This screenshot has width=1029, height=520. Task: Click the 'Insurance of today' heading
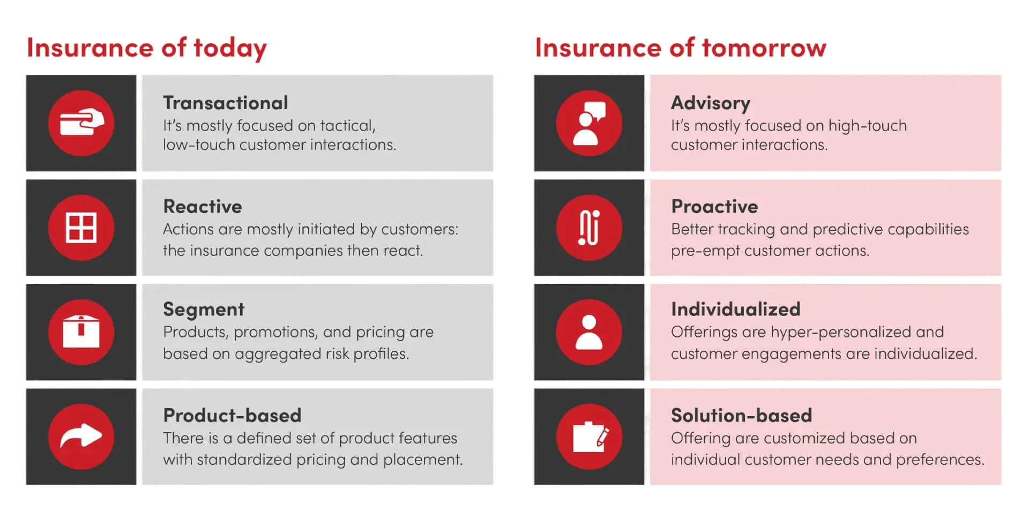tap(146, 48)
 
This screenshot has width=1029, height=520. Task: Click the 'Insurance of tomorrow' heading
tap(681, 48)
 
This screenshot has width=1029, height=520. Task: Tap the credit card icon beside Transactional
tap(81, 123)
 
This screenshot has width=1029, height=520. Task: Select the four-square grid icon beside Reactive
tap(81, 227)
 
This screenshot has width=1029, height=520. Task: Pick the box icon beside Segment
tap(81, 331)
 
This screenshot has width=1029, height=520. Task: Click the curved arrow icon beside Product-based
tap(81, 435)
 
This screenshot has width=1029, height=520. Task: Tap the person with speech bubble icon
tap(589, 123)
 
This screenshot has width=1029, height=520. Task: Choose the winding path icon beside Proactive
tap(589, 227)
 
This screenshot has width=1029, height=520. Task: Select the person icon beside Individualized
tap(589, 332)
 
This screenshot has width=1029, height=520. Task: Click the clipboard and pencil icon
tap(591, 436)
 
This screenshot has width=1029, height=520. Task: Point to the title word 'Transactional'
tap(226, 103)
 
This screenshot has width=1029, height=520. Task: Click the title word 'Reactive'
tap(203, 206)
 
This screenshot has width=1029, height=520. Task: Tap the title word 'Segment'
tap(204, 310)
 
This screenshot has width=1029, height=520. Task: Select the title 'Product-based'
tap(232, 415)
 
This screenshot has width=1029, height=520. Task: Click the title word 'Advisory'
tap(711, 103)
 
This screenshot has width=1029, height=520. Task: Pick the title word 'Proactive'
tap(714, 206)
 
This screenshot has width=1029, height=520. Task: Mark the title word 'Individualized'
tap(736, 309)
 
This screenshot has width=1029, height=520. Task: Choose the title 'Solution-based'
tap(742, 415)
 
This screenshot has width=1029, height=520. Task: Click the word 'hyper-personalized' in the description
tap(841, 333)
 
